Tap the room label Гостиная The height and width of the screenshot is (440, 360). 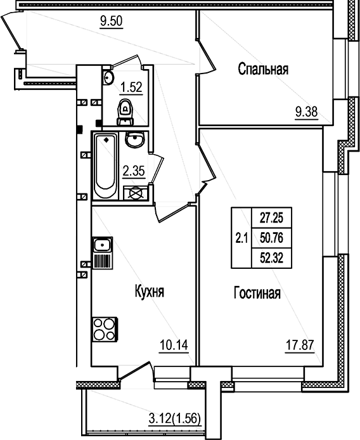point(257,294)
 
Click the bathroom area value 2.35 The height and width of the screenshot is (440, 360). point(133,169)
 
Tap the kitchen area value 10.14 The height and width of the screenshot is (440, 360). point(174,346)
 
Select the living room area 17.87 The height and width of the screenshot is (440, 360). point(299,346)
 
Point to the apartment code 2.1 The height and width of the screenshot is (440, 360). point(241,238)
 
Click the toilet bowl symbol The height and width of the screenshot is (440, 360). point(126,112)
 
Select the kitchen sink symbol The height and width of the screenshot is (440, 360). point(102,245)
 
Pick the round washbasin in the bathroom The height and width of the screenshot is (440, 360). point(134,140)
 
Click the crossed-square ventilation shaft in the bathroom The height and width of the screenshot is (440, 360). point(134,193)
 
